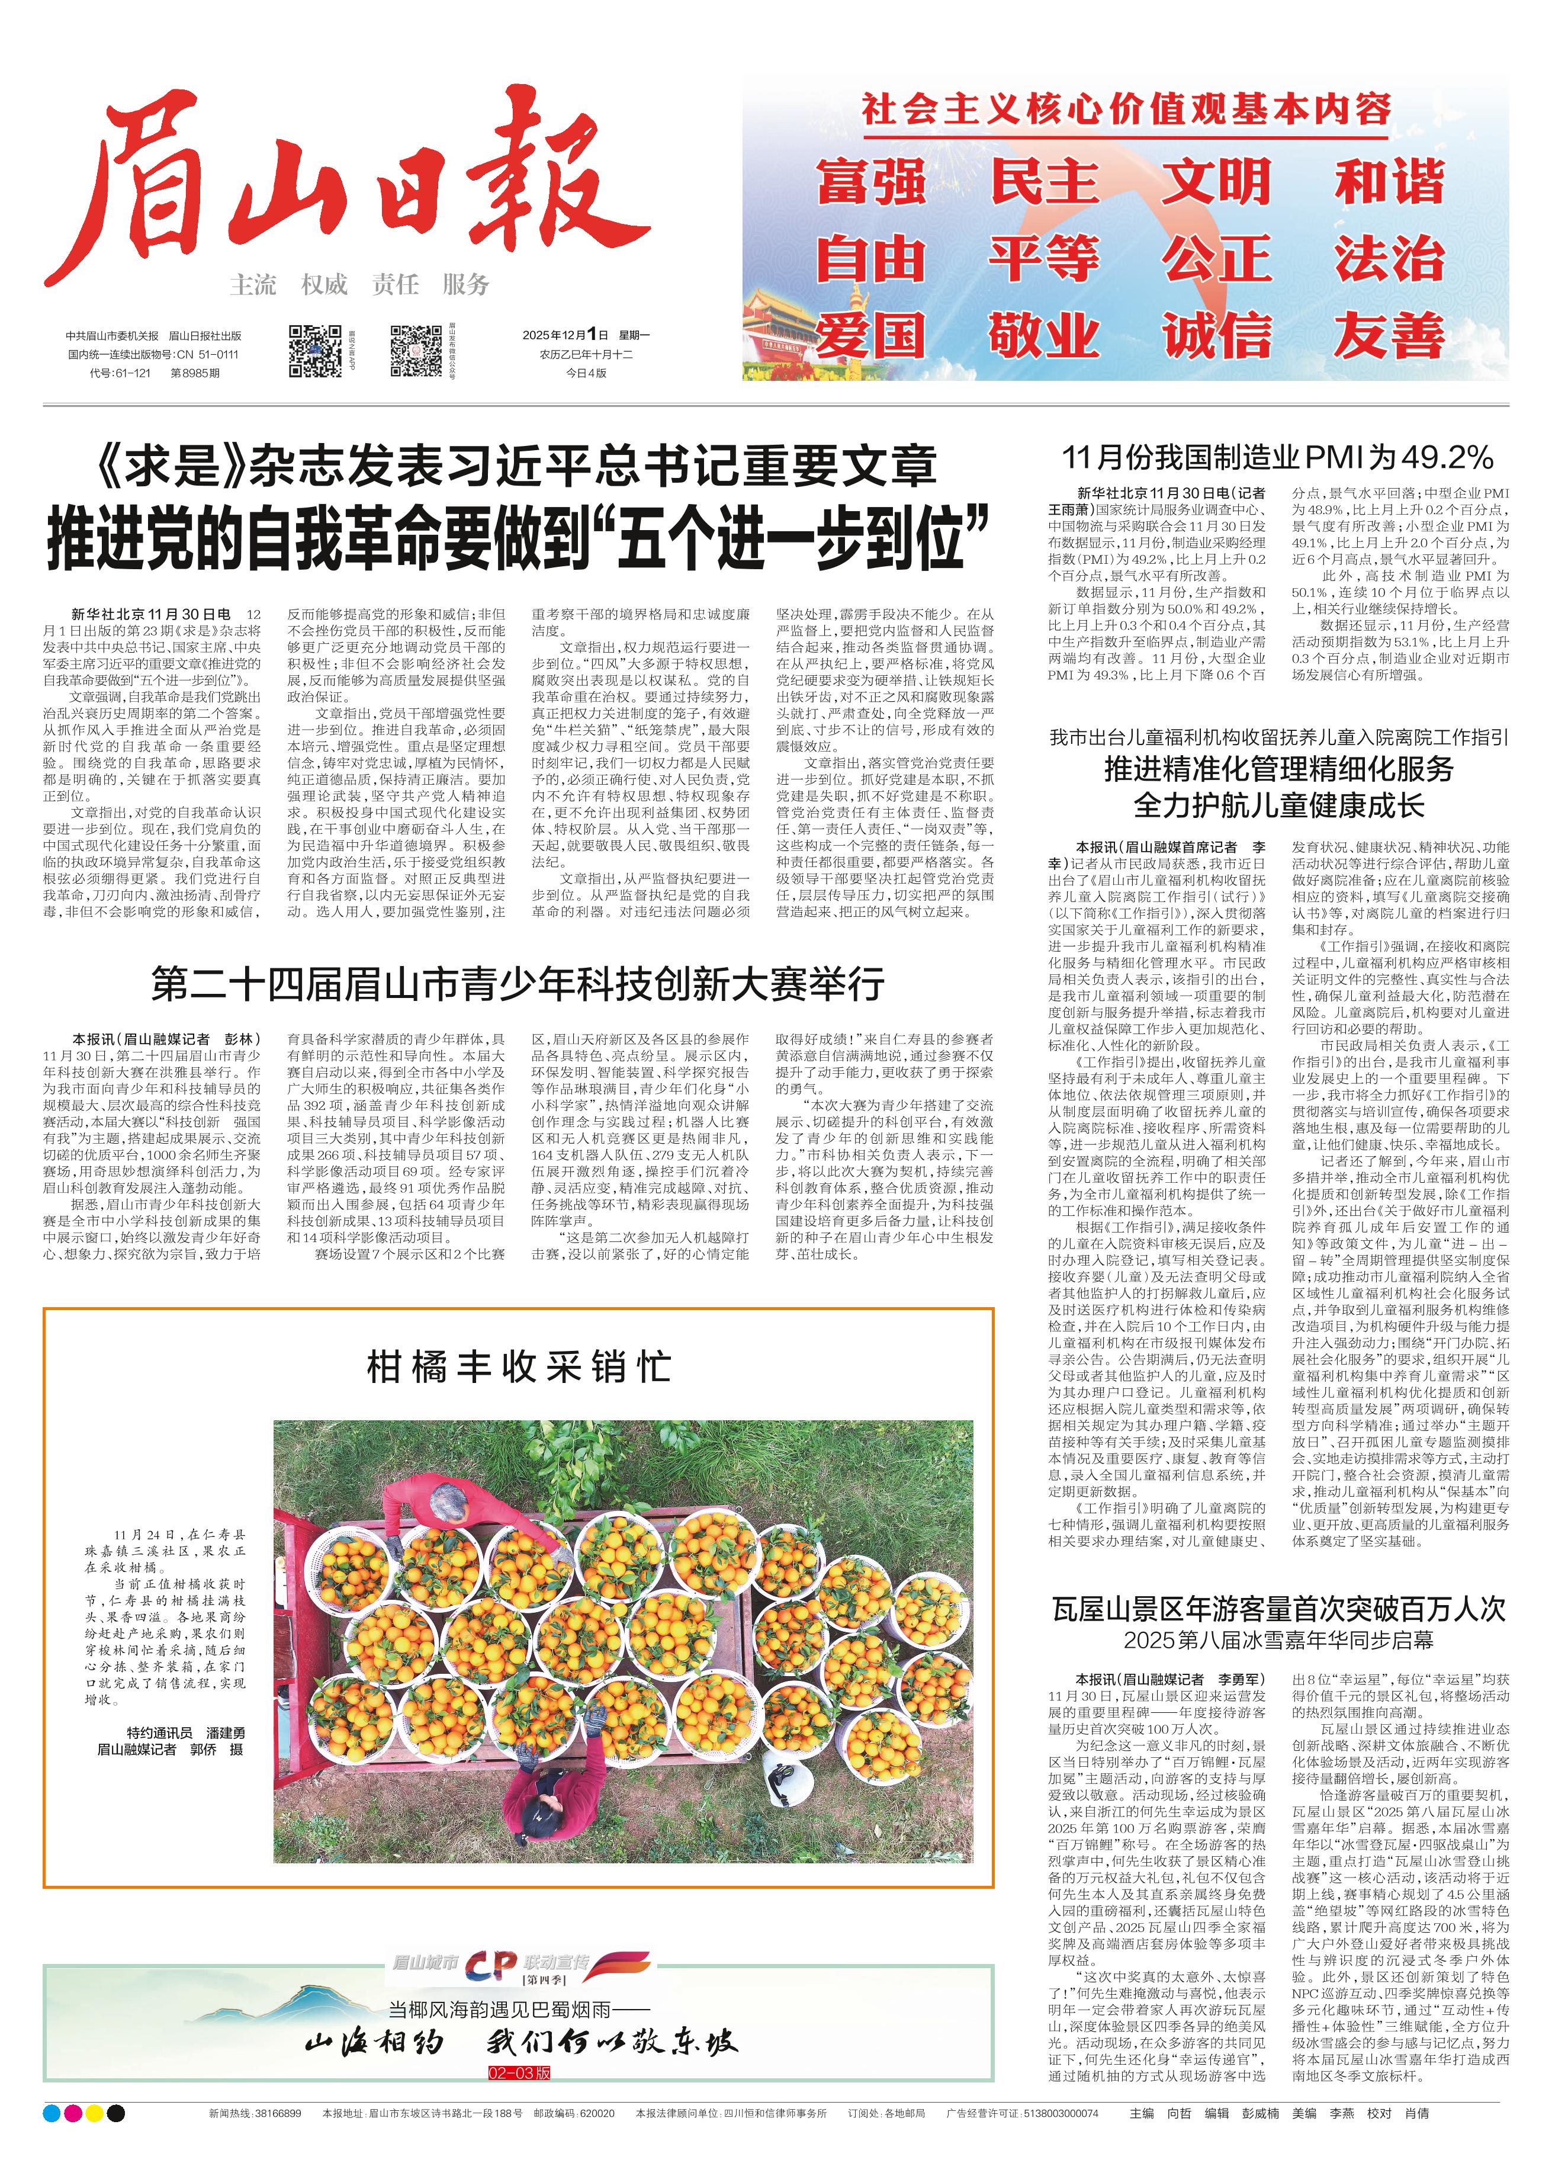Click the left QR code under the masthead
(314, 351)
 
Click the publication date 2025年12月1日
(565, 335)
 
